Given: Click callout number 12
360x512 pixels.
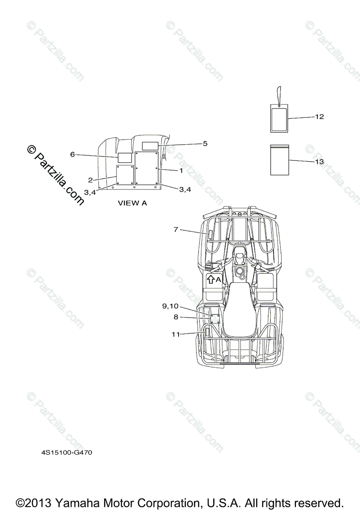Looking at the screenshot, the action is click(x=319, y=116).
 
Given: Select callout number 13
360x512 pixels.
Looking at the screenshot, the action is click(x=319, y=162).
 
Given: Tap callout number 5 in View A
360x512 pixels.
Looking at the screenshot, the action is click(x=205, y=143).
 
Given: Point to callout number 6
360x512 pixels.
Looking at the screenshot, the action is click(x=72, y=154).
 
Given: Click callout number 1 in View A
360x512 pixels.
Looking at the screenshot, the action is click(x=181, y=171).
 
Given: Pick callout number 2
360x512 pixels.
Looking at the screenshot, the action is click(x=91, y=180).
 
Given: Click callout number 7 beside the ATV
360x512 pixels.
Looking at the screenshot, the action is click(x=176, y=229).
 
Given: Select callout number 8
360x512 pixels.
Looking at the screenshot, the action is click(x=176, y=317).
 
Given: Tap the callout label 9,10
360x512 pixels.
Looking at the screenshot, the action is click(x=170, y=306).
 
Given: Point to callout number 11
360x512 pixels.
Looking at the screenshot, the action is click(x=176, y=335).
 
